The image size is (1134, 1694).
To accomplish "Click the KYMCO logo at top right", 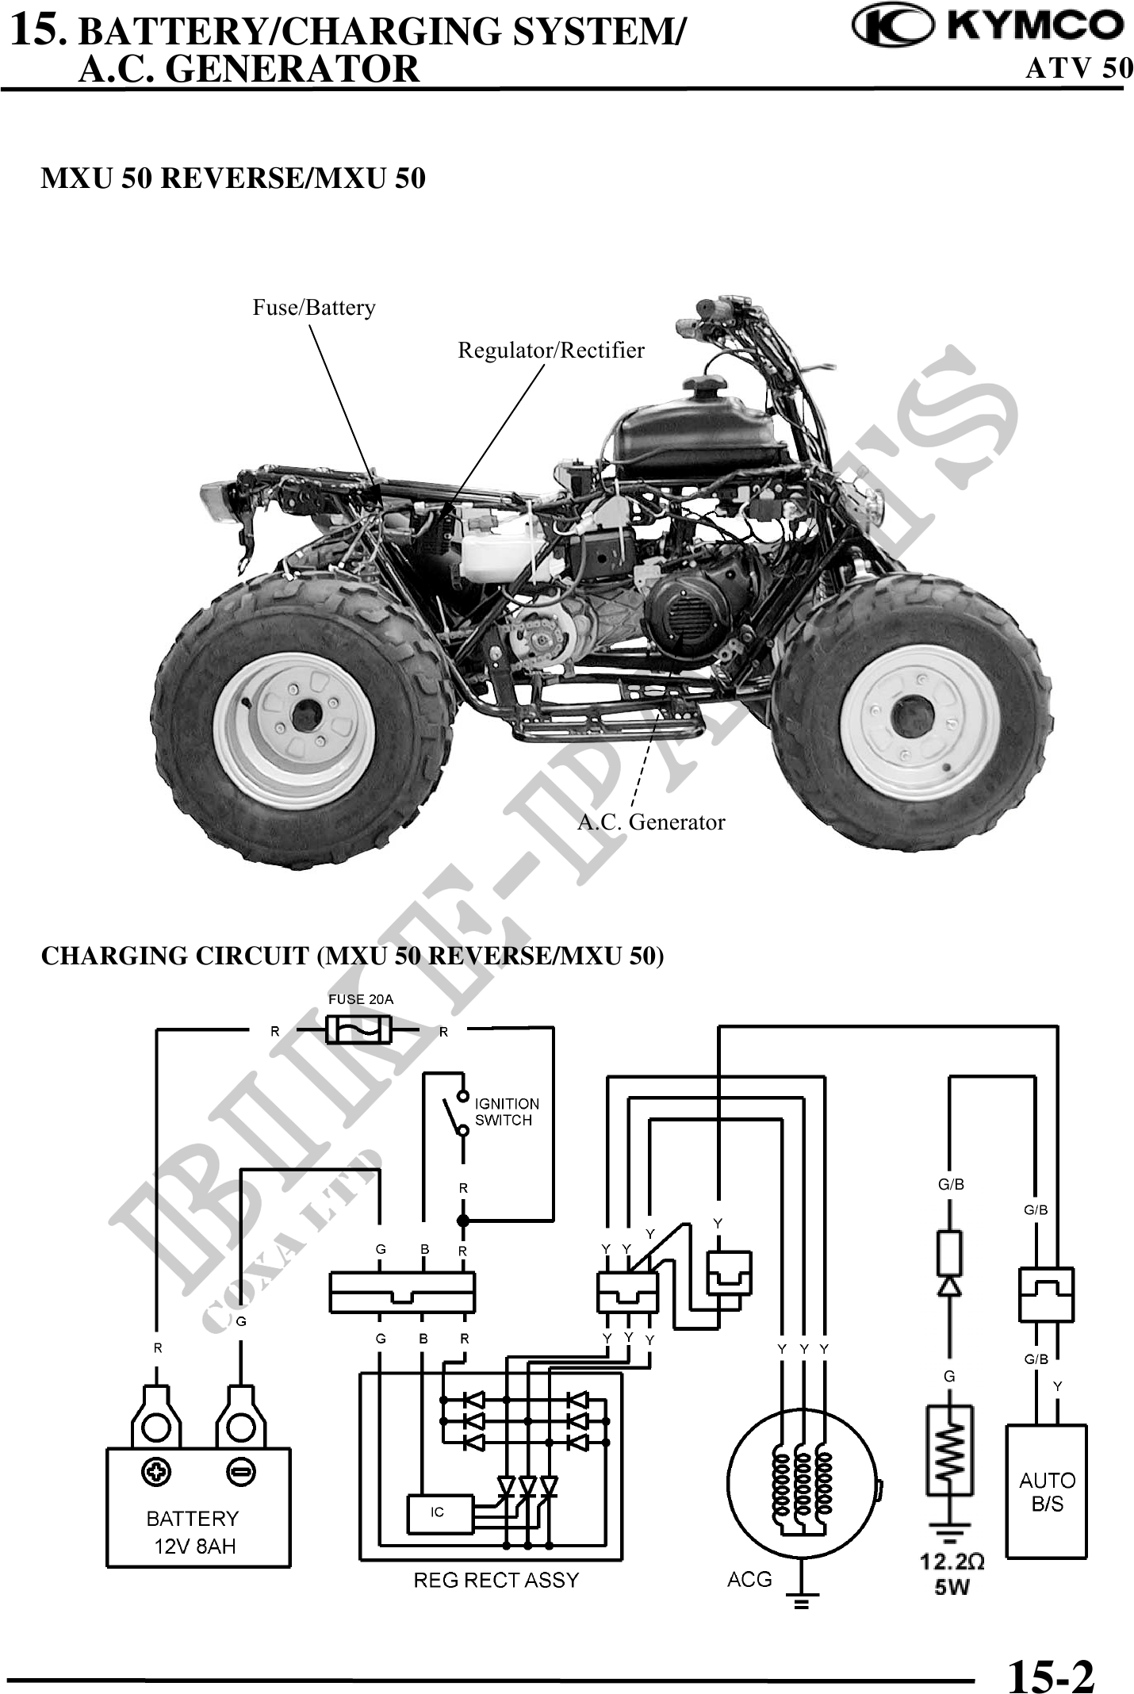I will click(x=987, y=25).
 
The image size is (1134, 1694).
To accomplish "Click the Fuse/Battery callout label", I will click(x=314, y=308).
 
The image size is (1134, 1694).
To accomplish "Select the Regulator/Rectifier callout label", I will click(x=551, y=351).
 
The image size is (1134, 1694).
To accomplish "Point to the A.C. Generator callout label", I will click(x=651, y=822).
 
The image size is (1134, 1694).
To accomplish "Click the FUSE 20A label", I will click(x=361, y=999).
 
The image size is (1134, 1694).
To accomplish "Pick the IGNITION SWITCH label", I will click(x=506, y=1112).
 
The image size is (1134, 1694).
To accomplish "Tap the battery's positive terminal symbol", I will click(x=157, y=1474).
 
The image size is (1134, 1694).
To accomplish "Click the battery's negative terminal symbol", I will click(x=240, y=1474).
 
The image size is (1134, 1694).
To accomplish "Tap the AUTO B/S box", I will click(x=1046, y=1491).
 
